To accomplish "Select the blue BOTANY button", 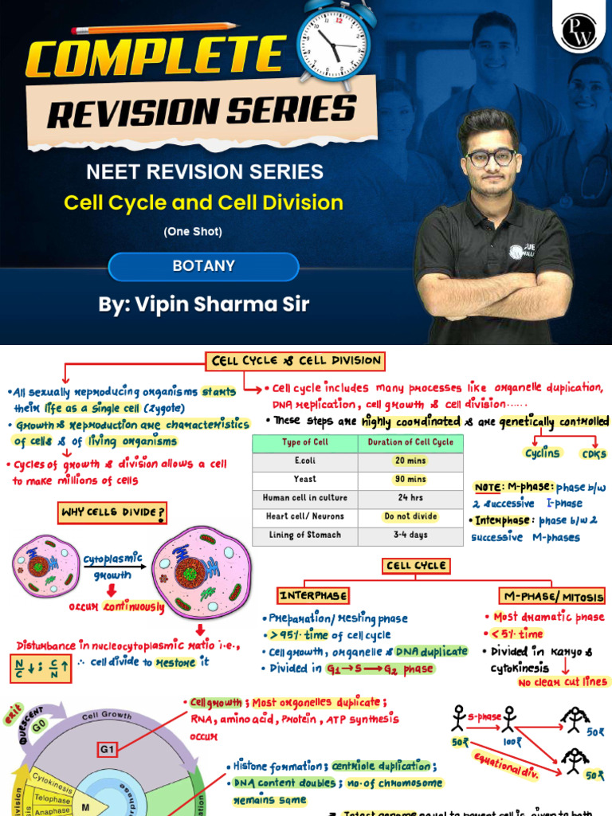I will [x=203, y=266].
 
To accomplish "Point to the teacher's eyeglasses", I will [x=491, y=157].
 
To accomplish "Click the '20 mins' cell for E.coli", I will [x=410, y=461].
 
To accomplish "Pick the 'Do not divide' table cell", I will [x=410, y=516].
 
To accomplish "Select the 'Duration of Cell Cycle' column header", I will [x=410, y=442].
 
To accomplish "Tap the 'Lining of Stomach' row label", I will [x=304, y=535].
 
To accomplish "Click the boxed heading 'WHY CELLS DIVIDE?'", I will [x=112, y=512].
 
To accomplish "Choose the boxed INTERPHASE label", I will [x=313, y=595].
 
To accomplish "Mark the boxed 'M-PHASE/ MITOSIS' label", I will [x=552, y=596].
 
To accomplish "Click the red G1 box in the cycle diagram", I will [x=108, y=749].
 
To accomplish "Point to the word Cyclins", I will [x=542, y=453].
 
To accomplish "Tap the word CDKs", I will [x=594, y=454].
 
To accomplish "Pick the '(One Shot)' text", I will [x=193, y=232].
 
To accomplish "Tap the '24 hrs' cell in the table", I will [x=410, y=498].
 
